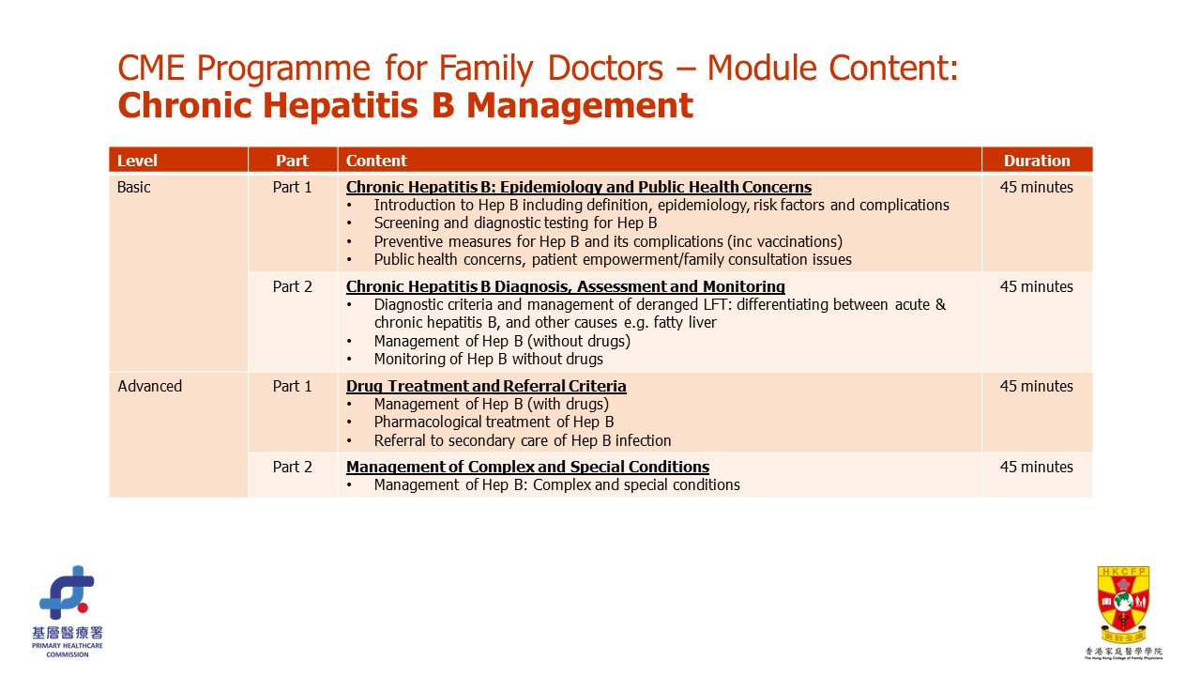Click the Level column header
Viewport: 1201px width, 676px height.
[137, 161]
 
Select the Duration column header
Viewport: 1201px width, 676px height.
[1036, 161]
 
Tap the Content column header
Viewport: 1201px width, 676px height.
[376, 161]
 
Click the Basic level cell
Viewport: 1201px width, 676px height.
[134, 187]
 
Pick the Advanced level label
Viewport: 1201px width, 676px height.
[150, 386]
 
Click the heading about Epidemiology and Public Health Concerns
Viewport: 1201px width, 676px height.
[578, 187]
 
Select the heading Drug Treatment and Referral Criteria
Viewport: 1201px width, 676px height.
[486, 386]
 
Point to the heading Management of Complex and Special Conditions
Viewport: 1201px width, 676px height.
[527, 467]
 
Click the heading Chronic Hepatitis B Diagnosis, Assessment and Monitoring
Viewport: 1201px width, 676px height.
[565, 286]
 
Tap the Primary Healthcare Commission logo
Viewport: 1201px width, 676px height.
[67, 609]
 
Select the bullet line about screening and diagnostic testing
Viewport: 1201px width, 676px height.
[515, 223]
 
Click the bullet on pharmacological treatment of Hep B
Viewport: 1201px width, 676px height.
[494, 422]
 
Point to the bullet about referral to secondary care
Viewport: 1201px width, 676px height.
[522, 440]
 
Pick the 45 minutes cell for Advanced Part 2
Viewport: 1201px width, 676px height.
[1036, 467]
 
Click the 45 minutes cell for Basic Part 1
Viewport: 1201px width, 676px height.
[1036, 187]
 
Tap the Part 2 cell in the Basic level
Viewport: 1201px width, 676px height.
[292, 286]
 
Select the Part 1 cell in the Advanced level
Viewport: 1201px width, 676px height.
[292, 386]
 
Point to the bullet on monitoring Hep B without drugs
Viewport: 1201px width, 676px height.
[488, 359]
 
